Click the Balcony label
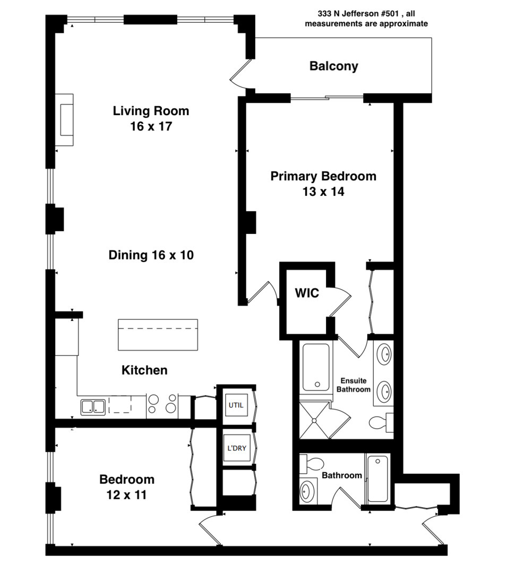(x=333, y=66)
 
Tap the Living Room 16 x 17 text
(x=151, y=127)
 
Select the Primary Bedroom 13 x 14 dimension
(x=323, y=192)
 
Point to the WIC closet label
(x=307, y=292)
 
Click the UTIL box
(x=236, y=405)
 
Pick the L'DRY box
(x=236, y=448)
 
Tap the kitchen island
(x=158, y=334)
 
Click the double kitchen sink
(x=93, y=407)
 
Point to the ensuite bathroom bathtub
(x=316, y=367)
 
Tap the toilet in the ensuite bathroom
(x=380, y=422)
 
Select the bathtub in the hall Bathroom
(x=377, y=479)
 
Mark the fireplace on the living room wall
(x=65, y=119)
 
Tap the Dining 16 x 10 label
(x=151, y=255)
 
